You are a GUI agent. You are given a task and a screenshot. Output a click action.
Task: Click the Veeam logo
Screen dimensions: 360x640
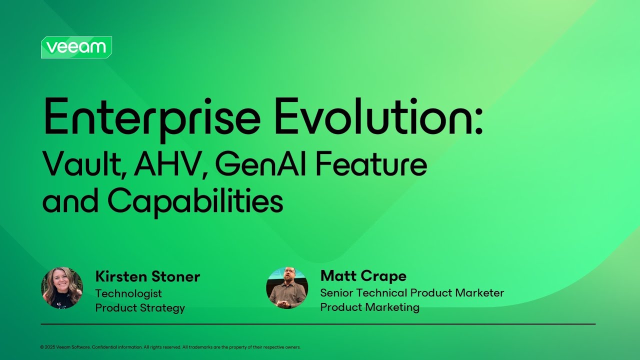tap(76, 47)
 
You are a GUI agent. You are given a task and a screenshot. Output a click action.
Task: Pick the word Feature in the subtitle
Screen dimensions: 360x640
tap(371, 165)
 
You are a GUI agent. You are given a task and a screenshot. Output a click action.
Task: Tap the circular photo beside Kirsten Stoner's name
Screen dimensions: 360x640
tap(62, 287)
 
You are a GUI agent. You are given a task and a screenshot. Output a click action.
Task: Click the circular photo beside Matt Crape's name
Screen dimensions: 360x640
tap(287, 287)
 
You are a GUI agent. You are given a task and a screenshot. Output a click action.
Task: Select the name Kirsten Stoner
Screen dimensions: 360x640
tap(147, 276)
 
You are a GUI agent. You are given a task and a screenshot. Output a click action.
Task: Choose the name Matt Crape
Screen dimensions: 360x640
tap(363, 276)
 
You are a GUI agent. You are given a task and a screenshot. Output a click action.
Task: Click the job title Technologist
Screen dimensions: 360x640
tap(128, 293)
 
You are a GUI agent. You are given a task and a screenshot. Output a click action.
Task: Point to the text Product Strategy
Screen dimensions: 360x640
tap(140, 308)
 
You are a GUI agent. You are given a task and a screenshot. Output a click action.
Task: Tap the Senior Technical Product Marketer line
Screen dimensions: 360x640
tap(412, 293)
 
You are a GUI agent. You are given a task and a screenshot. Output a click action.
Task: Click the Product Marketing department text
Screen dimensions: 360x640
tap(369, 307)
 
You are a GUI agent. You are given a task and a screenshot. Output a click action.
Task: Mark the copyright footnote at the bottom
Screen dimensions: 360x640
tap(170, 347)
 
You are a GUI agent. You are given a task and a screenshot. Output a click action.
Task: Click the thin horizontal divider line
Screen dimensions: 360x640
tap(318, 324)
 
